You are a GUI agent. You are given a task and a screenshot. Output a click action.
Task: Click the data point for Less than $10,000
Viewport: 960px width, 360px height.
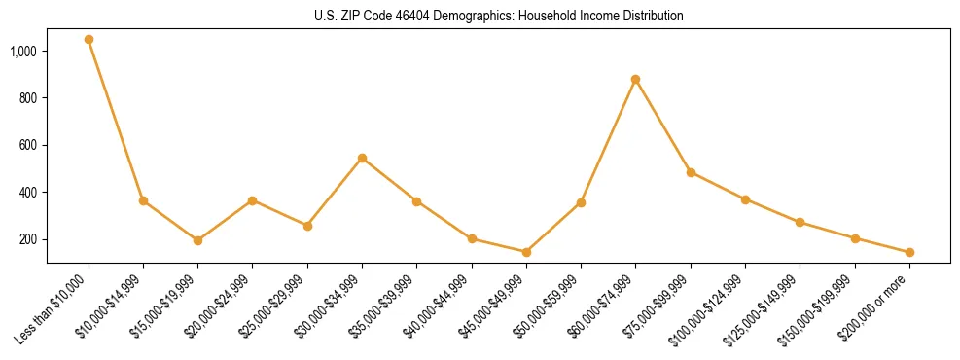point(89,40)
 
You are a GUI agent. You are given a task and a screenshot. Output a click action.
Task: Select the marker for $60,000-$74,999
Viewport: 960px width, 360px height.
point(635,80)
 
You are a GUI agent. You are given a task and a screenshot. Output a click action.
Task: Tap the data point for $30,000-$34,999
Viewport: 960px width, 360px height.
point(362,158)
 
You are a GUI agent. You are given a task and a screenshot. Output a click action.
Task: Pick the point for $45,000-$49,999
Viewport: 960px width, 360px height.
point(526,252)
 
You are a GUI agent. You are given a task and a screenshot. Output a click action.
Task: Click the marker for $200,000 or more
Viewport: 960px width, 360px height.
point(909,252)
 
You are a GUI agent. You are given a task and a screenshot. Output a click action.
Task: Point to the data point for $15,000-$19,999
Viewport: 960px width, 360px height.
point(197,240)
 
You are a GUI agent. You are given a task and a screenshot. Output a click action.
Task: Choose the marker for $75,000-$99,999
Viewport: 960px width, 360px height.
point(691,172)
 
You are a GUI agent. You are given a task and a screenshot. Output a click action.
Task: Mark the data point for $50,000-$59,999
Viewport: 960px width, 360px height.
point(581,202)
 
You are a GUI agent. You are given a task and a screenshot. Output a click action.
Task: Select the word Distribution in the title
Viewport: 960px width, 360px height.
point(648,17)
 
